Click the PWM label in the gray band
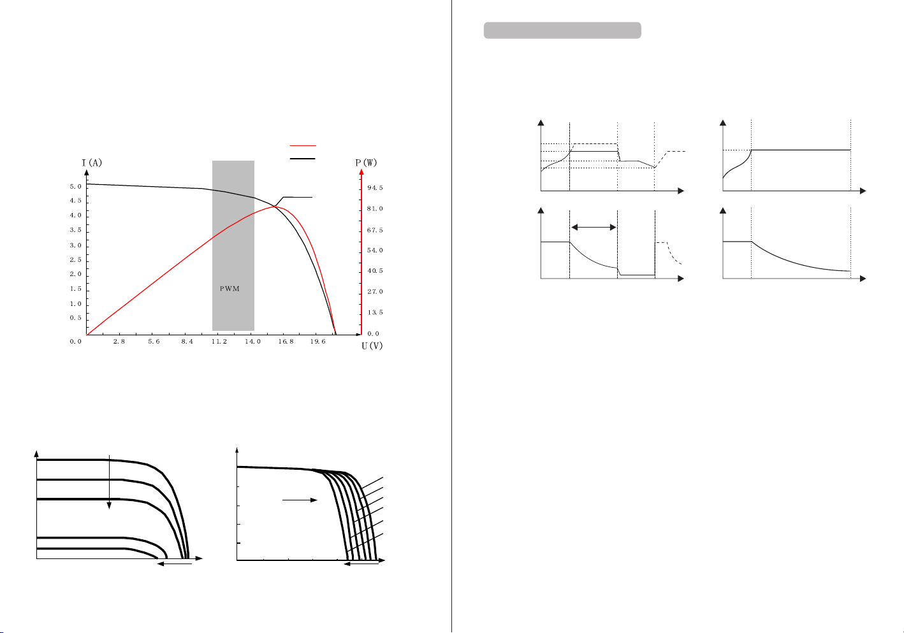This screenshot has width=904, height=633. click(x=230, y=289)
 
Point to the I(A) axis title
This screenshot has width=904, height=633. click(x=92, y=163)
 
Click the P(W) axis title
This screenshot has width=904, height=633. click(x=366, y=163)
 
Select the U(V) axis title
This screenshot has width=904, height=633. click(x=372, y=346)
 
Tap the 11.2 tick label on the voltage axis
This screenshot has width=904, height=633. click(x=219, y=341)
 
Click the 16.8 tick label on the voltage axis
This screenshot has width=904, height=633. click(x=286, y=341)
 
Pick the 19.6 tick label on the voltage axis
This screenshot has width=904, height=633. click(x=317, y=341)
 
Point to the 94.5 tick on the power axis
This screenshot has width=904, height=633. click(x=375, y=187)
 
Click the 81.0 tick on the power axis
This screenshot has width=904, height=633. click(x=375, y=208)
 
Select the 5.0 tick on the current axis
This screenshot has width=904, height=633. click(x=75, y=186)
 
